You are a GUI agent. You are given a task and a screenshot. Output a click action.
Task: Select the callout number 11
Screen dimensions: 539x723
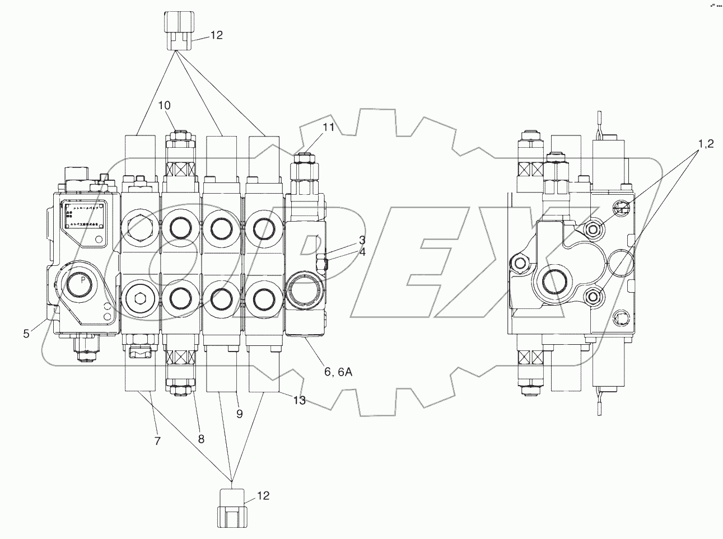[328, 128]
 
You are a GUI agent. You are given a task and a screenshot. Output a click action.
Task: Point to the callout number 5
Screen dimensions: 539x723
[26, 334]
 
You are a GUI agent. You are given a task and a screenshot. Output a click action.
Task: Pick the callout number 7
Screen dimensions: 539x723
[157, 441]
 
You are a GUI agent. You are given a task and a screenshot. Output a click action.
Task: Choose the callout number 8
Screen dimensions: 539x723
[200, 440]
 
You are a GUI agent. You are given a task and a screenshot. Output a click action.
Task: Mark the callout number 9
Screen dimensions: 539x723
[240, 414]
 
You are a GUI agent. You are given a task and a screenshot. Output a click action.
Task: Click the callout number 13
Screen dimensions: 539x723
[300, 400]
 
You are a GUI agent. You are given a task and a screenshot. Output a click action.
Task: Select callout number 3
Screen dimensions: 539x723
[362, 241]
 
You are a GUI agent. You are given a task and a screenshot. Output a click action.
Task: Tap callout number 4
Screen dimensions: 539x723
[362, 252]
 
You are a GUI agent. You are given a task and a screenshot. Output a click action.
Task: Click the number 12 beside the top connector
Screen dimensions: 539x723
[216, 35]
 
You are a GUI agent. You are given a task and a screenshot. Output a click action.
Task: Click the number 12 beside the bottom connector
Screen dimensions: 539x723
[263, 495]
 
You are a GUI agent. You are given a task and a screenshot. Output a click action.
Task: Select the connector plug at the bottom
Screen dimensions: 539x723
[231, 508]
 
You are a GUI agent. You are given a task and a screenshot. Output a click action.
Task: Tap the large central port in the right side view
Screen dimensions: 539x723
[554, 282]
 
